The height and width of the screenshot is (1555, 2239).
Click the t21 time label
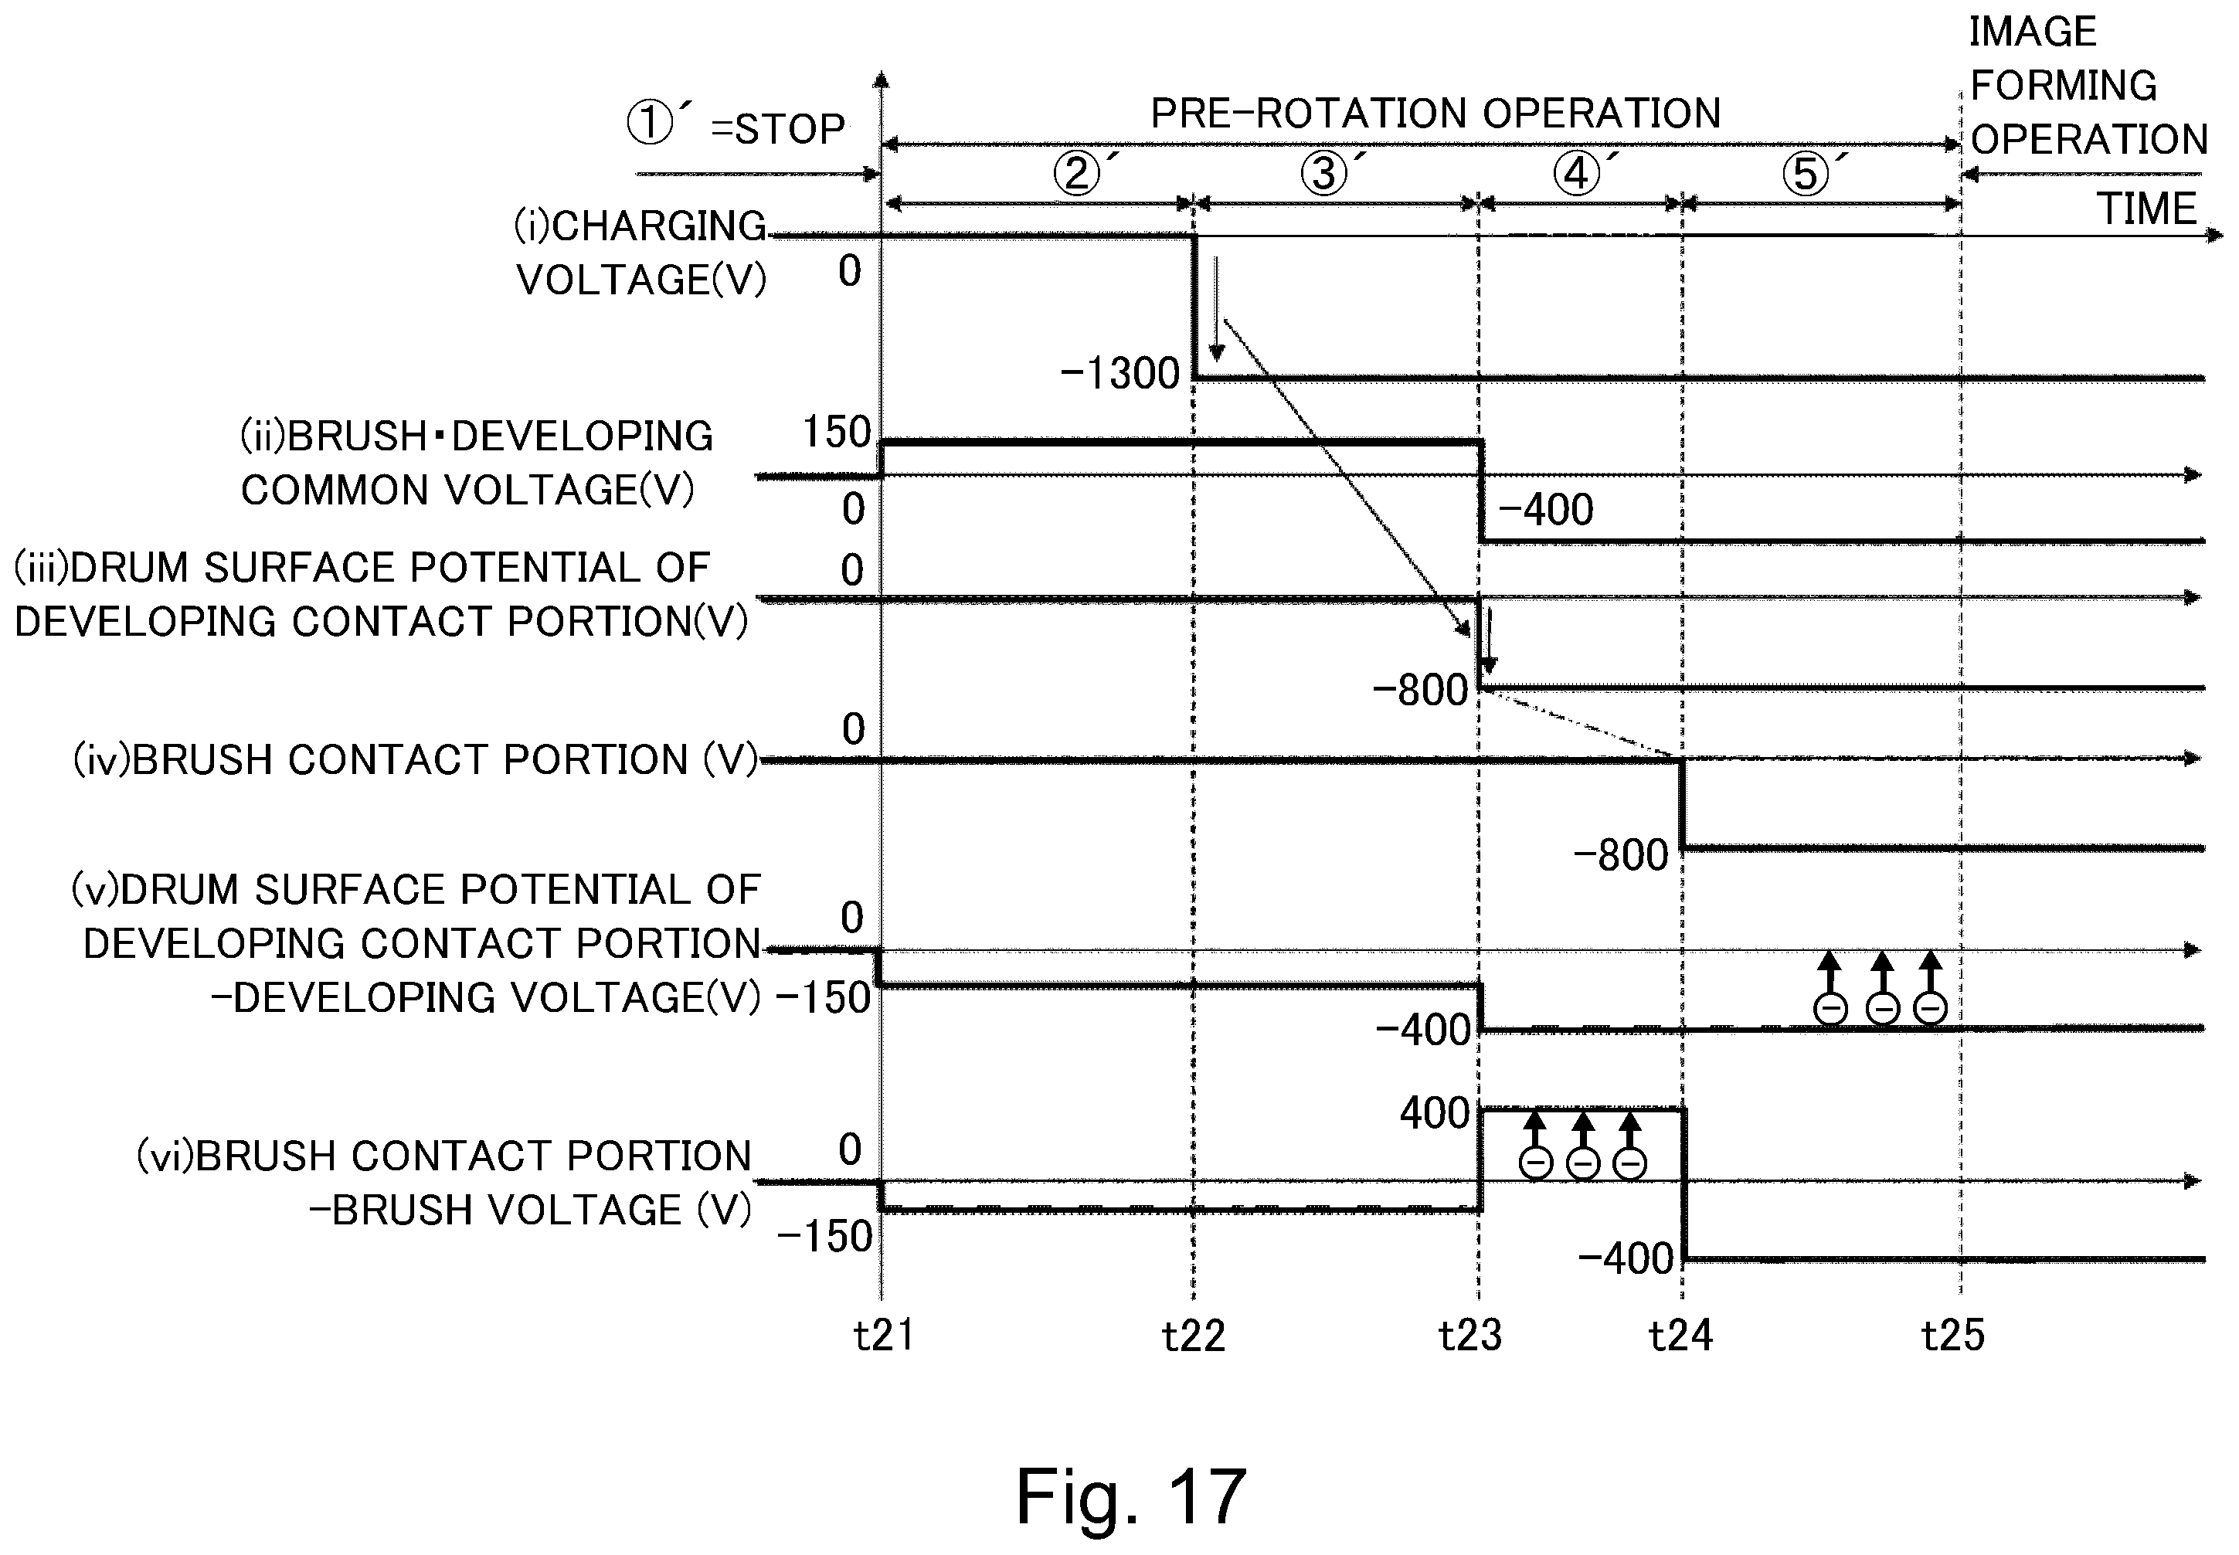click(884, 1336)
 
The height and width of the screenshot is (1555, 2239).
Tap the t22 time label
click(1194, 1336)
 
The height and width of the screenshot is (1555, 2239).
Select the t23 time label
click(1470, 1336)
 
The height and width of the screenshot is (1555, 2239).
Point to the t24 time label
click(1680, 1336)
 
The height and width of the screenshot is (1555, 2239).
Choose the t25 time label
click(1952, 1336)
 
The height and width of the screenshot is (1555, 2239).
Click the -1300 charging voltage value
click(1119, 373)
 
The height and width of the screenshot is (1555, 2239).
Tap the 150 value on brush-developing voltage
click(836, 432)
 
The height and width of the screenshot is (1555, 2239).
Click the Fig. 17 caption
click(1131, 1496)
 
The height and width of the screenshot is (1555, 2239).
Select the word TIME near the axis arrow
click(2146, 209)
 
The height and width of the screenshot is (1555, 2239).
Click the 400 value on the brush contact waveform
click(1434, 1112)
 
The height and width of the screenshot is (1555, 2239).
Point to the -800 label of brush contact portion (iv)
click(1621, 855)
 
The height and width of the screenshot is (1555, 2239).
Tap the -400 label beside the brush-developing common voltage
click(1545, 510)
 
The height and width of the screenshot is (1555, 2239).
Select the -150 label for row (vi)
click(824, 1237)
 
